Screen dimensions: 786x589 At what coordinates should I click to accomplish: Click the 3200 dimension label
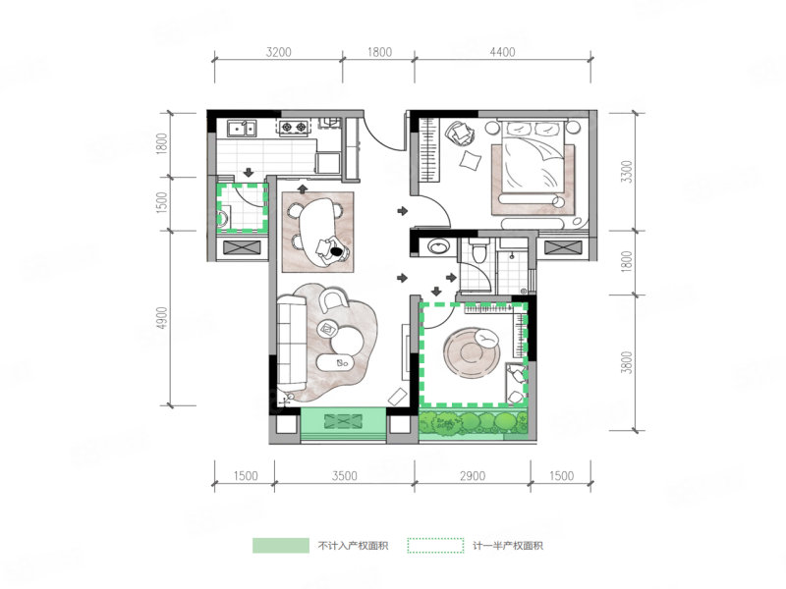point(278,52)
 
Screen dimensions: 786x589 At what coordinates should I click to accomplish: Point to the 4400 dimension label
point(502,52)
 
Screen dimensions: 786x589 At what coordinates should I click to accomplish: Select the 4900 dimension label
point(161,318)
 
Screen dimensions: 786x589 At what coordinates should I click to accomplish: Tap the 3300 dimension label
point(627,172)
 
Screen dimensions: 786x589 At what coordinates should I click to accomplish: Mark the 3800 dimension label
point(627,362)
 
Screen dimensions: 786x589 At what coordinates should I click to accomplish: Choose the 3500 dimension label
point(345,475)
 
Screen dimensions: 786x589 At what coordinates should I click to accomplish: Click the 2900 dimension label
point(473,475)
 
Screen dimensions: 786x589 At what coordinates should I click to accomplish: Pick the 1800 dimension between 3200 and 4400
point(379,52)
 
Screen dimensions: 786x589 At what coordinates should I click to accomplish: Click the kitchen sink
point(242,129)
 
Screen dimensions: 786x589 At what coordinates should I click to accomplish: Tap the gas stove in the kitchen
point(294,128)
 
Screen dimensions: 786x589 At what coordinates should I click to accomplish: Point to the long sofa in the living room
point(292,344)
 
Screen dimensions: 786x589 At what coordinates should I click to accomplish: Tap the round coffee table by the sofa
point(347,341)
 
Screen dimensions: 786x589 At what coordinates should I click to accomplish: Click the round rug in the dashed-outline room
point(471,353)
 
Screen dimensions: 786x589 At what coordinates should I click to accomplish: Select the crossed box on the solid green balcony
point(343,421)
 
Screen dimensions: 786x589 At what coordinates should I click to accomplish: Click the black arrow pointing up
point(303,188)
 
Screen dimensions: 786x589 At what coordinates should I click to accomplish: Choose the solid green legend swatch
point(281,546)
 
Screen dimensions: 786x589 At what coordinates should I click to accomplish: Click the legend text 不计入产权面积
point(353,546)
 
